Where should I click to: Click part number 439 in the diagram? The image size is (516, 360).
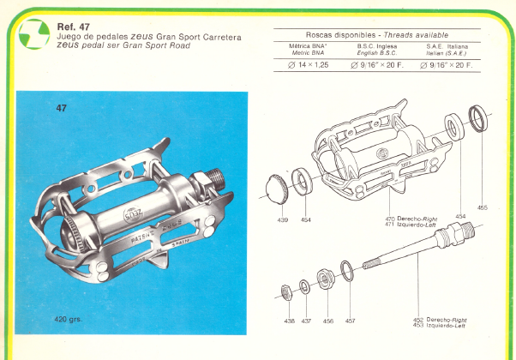(282, 220)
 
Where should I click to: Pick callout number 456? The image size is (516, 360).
(327, 321)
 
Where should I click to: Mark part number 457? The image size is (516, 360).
(349, 321)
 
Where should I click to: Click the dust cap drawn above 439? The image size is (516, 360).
(279, 187)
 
